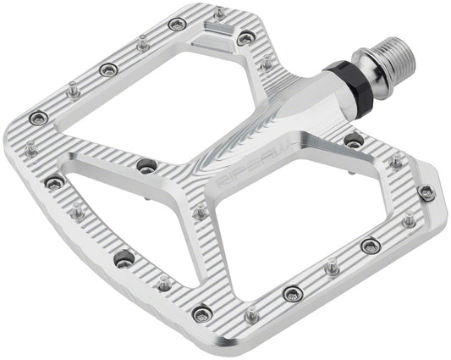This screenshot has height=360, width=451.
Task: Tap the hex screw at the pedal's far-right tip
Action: [x=425, y=191]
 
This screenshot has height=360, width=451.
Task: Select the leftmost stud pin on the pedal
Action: [x=31, y=149]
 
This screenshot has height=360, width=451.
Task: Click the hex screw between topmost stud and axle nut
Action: [x=245, y=38]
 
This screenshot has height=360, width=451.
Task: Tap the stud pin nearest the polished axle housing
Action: [x=267, y=62]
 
